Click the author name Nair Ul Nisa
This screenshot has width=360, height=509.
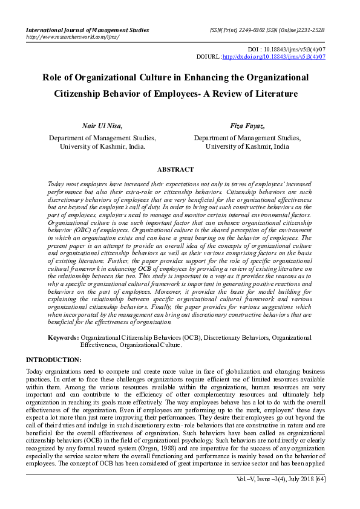click(102, 126)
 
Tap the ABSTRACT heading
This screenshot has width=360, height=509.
click(175, 170)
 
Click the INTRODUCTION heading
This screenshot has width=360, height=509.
click(54, 360)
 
